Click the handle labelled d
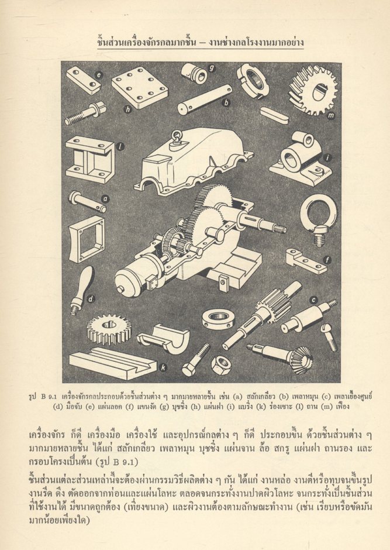click(x=81, y=288)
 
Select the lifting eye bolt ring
click(x=317, y=217)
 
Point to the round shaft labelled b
click(x=204, y=99)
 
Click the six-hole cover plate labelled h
click(x=140, y=87)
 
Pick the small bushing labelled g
click(x=193, y=73)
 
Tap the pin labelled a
click(x=87, y=201)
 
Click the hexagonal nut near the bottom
click(x=220, y=365)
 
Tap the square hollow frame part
click(x=86, y=239)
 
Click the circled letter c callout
click(x=314, y=300)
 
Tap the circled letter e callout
click(x=99, y=74)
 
